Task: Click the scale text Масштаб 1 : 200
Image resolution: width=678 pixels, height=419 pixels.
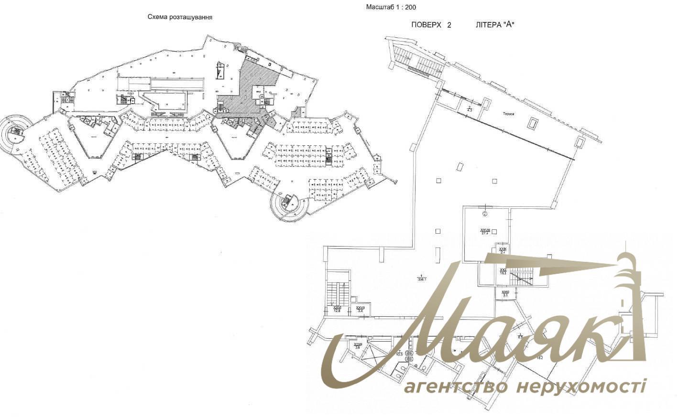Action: (x=391, y=7)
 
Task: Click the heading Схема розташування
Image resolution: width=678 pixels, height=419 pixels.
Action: (x=179, y=17)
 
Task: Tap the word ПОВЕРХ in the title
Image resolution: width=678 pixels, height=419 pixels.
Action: (x=426, y=25)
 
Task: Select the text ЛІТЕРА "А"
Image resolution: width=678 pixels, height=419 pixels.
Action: (x=495, y=25)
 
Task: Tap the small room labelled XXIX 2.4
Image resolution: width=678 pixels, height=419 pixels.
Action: (x=503, y=250)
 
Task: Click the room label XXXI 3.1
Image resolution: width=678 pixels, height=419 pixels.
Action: (x=505, y=293)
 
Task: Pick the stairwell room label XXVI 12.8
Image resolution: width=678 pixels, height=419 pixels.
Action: (x=337, y=309)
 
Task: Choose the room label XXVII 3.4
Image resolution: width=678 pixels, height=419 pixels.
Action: (x=361, y=309)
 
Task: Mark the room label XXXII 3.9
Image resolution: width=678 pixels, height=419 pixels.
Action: (x=357, y=345)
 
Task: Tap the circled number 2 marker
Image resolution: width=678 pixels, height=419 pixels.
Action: (x=485, y=213)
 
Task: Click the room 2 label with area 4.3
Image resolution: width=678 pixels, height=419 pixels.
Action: (x=470, y=109)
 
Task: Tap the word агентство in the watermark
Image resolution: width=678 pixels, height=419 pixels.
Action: (x=455, y=387)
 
